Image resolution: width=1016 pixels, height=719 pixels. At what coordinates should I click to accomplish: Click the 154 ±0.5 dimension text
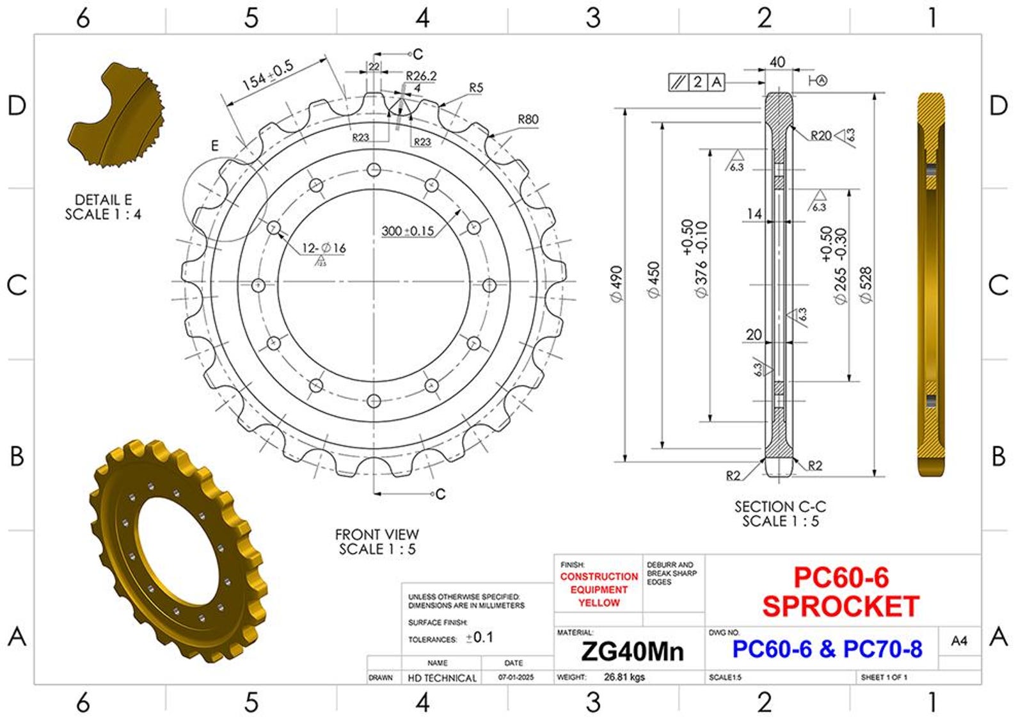(267, 75)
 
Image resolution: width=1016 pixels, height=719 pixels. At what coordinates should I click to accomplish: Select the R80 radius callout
(528, 119)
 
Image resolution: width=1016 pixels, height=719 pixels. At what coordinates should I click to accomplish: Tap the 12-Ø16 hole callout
(324, 248)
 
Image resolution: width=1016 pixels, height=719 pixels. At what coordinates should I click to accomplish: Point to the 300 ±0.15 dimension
(408, 231)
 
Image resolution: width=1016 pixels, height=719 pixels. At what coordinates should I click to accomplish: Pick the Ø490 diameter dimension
(616, 284)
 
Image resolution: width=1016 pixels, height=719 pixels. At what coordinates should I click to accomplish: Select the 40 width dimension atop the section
(777, 62)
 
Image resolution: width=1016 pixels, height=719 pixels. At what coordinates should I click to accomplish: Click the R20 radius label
(821, 136)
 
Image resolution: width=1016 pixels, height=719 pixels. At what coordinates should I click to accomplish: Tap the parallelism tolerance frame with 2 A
(697, 82)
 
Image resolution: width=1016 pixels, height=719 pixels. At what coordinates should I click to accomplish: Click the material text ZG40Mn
(632, 651)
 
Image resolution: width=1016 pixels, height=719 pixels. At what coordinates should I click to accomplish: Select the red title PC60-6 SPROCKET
(841, 592)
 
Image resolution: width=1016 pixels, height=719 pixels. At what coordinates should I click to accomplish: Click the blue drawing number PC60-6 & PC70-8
(827, 649)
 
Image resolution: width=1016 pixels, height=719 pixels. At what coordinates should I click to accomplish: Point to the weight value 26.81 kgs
(624, 677)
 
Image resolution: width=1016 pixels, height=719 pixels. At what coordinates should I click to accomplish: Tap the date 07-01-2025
(516, 677)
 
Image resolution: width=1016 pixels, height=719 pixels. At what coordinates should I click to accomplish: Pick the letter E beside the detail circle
(215, 147)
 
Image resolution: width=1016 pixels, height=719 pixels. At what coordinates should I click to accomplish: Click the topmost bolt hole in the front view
(374, 170)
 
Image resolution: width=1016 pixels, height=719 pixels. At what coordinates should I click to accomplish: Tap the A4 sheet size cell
(959, 641)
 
